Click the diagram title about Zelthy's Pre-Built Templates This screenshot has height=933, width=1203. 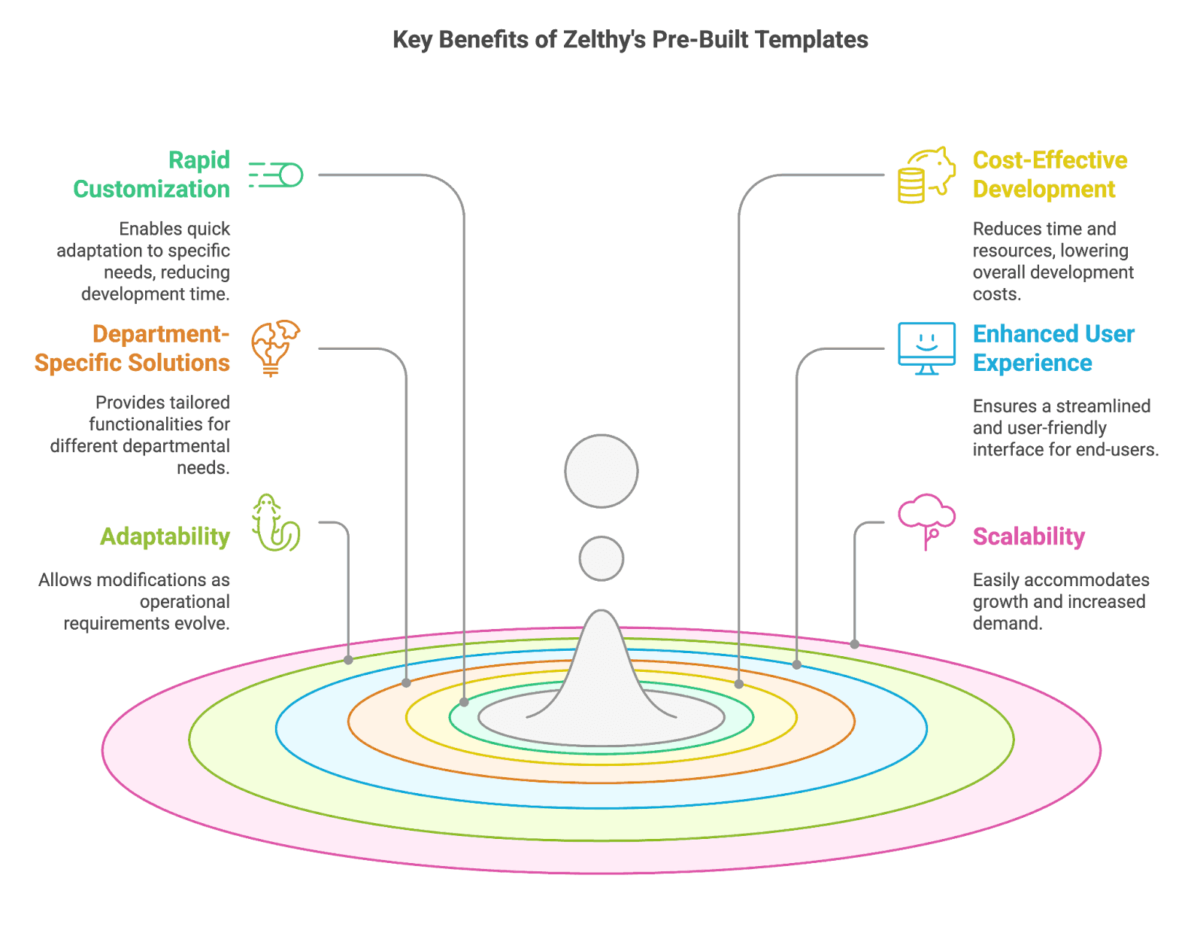(630, 40)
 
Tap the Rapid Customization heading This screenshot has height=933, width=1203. (152, 175)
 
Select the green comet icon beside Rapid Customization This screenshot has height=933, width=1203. (276, 175)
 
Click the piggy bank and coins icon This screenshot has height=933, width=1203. (926, 175)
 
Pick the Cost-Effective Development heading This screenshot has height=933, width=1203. (1050, 175)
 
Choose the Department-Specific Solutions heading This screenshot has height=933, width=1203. (132, 348)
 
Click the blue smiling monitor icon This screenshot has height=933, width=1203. (926, 348)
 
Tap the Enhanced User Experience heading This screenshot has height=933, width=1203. (1053, 348)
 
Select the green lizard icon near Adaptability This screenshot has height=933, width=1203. (275, 522)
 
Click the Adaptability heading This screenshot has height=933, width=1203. (165, 536)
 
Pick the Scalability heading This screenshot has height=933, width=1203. (1029, 536)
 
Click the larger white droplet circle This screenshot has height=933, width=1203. (601, 471)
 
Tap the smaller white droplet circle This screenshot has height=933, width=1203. (601, 558)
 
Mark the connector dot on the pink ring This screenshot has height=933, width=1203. (854, 644)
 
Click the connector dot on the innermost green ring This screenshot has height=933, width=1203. (464, 702)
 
